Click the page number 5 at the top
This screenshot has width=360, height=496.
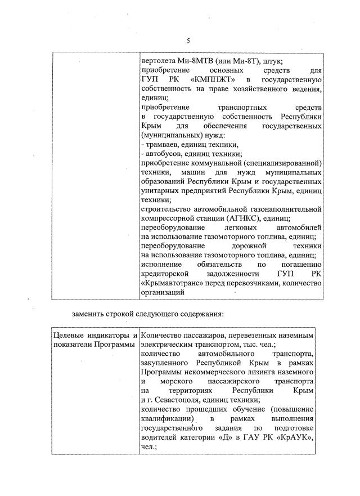coord(188,41)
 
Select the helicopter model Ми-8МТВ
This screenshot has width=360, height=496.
coord(200,61)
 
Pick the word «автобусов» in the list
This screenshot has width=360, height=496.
coord(163,154)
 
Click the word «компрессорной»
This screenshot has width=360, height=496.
coord(168,218)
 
